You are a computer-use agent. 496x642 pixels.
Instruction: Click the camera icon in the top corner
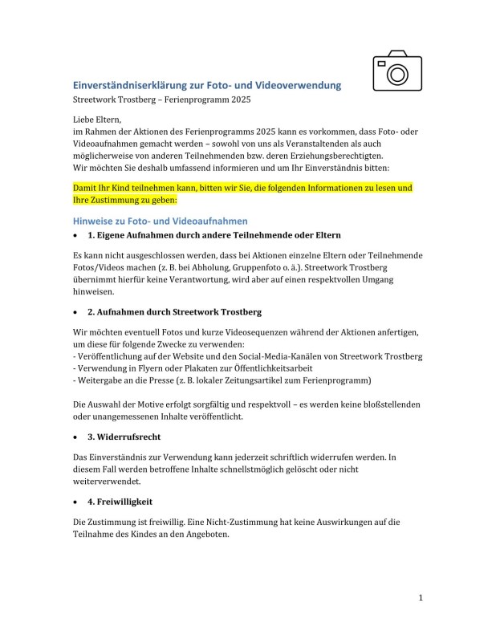coord(396,71)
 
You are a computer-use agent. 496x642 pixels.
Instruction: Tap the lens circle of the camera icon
coord(396,75)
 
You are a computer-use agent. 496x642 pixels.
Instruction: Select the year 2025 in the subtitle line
coord(238,100)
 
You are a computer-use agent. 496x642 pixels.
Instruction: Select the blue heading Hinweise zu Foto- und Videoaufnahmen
coord(160,220)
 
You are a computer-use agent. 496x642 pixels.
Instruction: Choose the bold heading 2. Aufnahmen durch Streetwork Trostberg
coord(174,311)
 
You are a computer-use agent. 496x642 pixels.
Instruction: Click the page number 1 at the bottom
coord(421,598)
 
